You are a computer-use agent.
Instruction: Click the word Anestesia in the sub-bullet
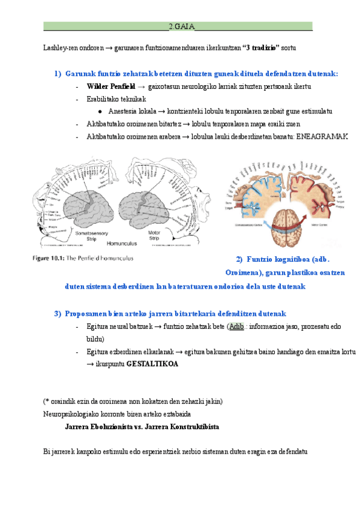(124, 112)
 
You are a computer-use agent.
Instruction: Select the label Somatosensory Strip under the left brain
(89, 235)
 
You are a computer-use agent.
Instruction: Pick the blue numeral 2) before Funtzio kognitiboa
(223, 259)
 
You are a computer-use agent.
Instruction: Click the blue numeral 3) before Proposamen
(58, 314)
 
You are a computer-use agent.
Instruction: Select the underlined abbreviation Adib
(236, 327)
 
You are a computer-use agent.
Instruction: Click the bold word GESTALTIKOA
(152, 364)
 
